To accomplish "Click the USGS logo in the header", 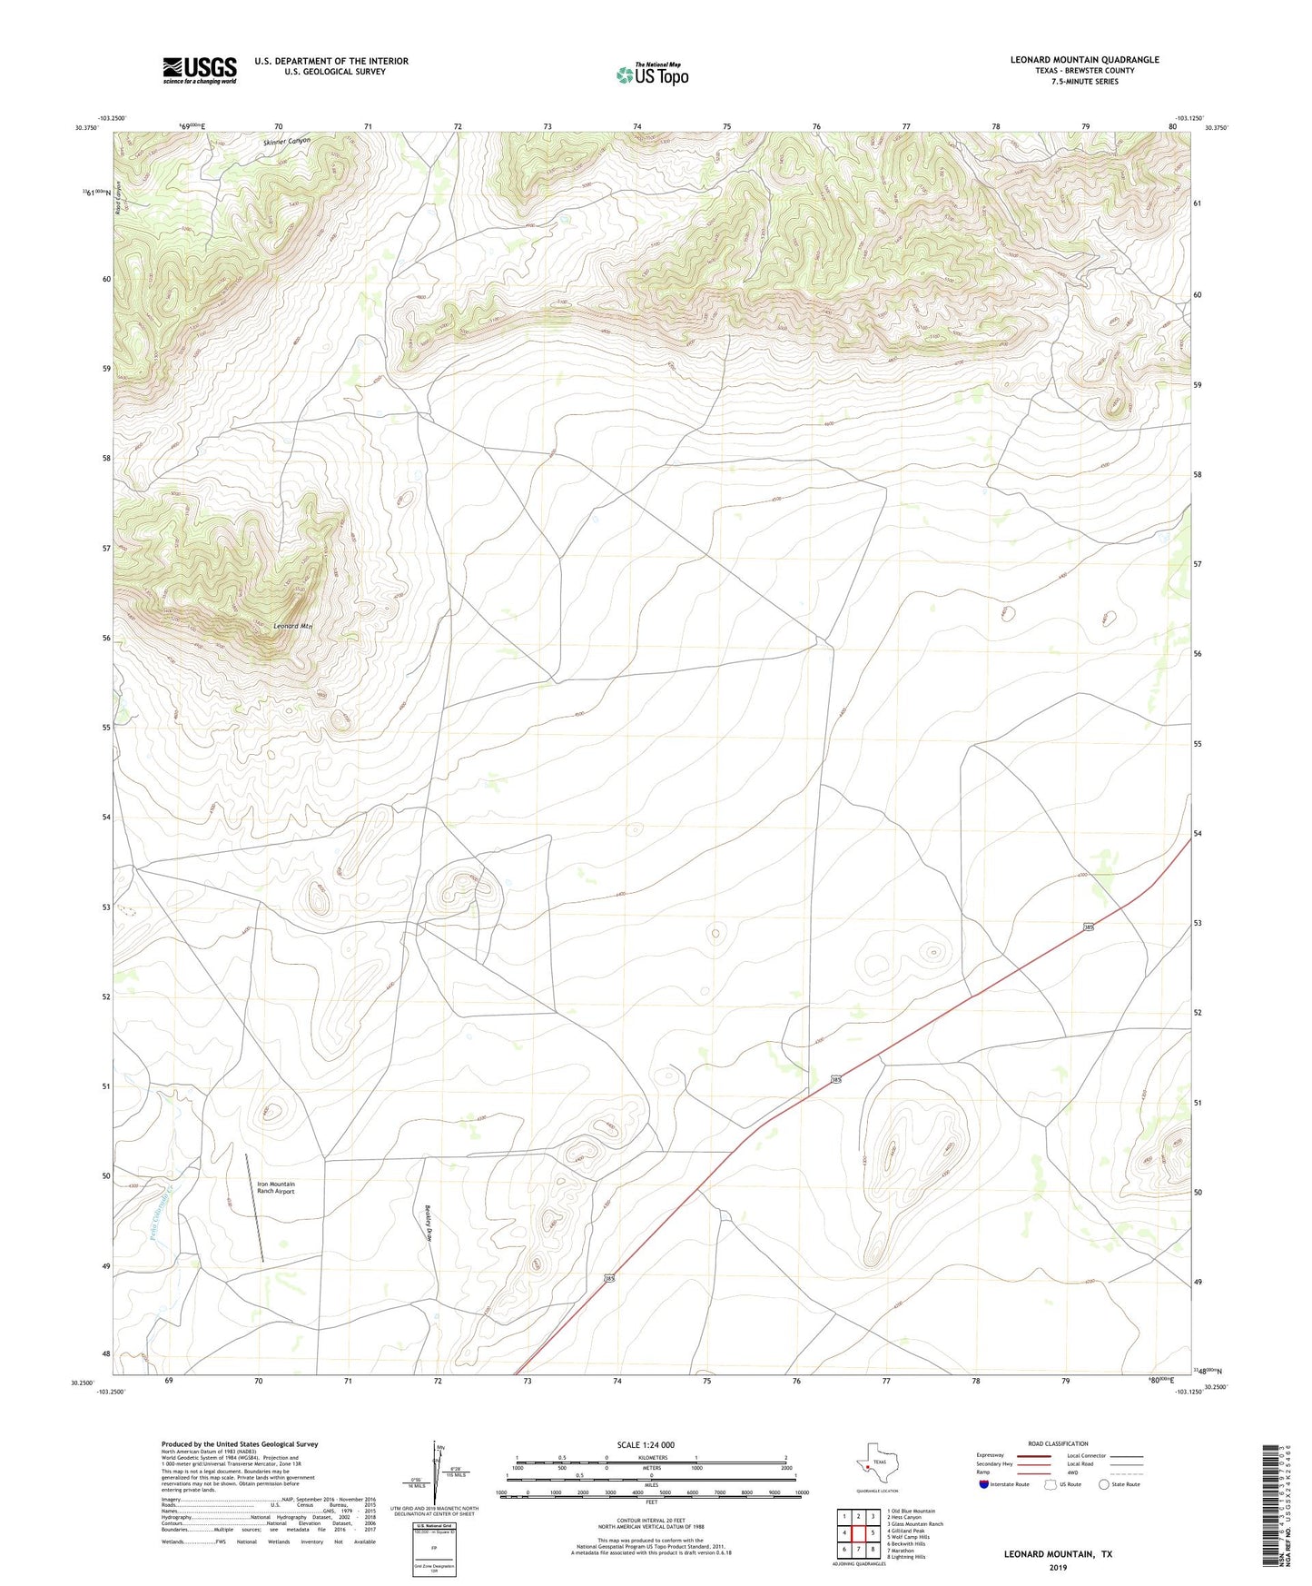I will (x=199, y=70).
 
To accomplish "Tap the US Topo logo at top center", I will (x=652, y=74).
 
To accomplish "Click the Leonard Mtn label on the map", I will (x=292, y=626).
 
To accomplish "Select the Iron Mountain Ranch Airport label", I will (x=276, y=1187).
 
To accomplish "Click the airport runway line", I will (x=255, y=1207).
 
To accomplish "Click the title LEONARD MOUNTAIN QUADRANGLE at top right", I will (x=1084, y=60).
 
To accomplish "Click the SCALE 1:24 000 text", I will (x=646, y=1444).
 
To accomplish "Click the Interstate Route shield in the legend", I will (x=985, y=1484).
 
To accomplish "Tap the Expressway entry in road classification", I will (x=991, y=1455).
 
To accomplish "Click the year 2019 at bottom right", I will (x=1058, y=1567).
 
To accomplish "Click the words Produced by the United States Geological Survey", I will (x=240, y=1443).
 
